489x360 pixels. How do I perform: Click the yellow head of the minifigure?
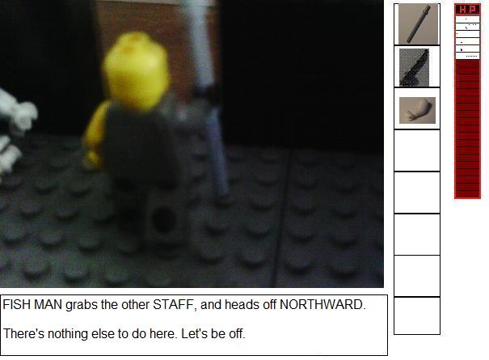tap(137, 71)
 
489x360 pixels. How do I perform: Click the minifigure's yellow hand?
tap(92, 159)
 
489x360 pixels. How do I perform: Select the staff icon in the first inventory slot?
tap(419, 24)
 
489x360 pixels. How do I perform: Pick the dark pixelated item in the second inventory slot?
tap(414, 67)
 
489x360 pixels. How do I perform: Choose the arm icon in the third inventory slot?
tap(417, 110)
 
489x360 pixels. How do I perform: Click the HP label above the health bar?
tap(467, 10)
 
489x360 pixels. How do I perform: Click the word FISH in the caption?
tap(16, 304)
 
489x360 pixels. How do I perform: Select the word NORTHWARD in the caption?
tap(322, 304)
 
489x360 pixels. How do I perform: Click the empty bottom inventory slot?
tap(417, 316)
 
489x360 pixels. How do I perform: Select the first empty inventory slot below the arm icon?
tap(417, 150)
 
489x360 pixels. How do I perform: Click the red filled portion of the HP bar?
tap(467, 129)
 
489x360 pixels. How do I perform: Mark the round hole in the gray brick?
tap(162, 220)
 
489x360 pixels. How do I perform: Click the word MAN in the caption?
tap(48, 304)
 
